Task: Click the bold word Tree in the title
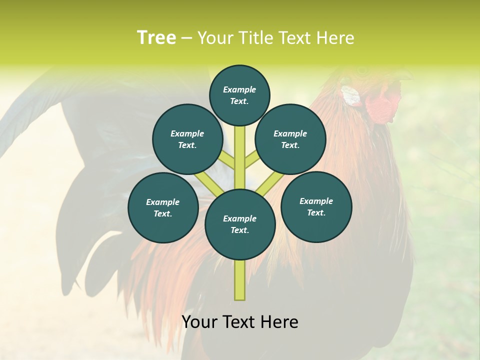[x=156, y=38]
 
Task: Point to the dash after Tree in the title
[x=186, y=38]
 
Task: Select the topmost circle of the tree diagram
[x=239, y=95]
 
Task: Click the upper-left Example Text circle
[x=187, y=139]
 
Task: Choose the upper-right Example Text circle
[x=290, y=139]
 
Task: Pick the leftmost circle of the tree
[x=163, y=207]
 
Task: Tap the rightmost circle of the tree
[x=316, y=206]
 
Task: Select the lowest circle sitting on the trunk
[x=240, y=224]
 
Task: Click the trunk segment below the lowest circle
[x=240, y=280]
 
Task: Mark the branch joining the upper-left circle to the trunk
[x=227, y=160]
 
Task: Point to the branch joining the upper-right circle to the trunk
[x=251, y=160]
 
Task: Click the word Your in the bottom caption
[x=199, y=322]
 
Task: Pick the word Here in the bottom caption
[x=279, y=322]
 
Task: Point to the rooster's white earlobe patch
[x=350, y=96]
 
